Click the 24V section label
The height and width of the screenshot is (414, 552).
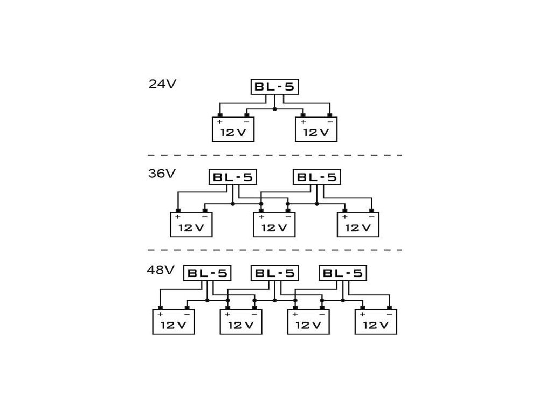(x=162, y=84)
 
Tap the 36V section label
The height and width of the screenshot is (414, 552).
(x=162, y=174)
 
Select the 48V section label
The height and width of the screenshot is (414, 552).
(x=161, y=270)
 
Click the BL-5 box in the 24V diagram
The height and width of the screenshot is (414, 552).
(x=274, y=87)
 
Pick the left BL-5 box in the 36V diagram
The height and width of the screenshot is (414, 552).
(x=232, y=177)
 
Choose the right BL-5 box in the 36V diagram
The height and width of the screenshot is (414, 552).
(x=316, y=177)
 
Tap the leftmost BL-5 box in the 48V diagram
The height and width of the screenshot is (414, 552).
(x=207, y=273)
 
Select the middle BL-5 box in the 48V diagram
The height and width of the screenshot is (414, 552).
(x=274, y=273)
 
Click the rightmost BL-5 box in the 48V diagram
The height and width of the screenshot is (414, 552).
(x=342, y=273)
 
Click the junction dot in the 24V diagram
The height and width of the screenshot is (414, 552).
(x=274, y=109)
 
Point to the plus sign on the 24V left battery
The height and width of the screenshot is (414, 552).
(x=220, y=122)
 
